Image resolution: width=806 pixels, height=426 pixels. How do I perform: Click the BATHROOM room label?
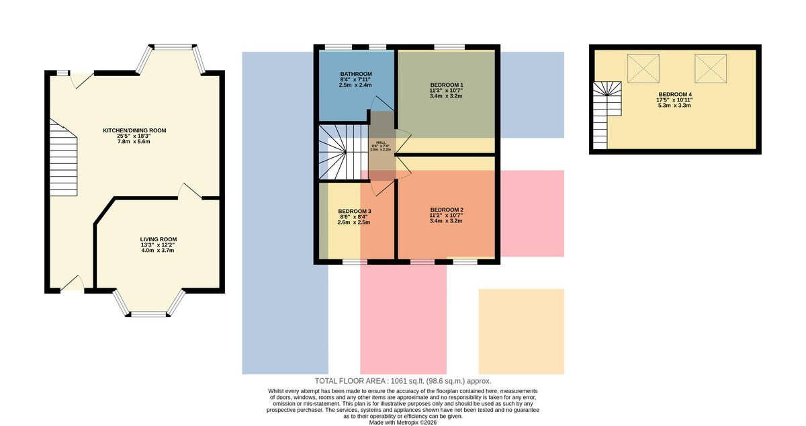[356, 74]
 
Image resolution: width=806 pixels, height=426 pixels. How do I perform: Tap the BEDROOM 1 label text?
[446, 85]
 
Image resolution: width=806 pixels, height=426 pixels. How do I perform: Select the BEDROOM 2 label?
[447, 210]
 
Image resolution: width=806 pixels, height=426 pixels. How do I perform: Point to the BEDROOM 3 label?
[355, 211]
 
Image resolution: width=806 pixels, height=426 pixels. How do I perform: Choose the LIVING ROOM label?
[159, 239]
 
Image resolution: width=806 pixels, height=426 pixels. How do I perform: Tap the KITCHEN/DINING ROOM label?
[134, 130]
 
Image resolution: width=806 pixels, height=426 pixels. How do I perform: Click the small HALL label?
[381, 142]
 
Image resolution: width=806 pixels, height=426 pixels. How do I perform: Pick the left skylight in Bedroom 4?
[643, 69]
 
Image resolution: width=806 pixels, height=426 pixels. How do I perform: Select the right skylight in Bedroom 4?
[711, 69]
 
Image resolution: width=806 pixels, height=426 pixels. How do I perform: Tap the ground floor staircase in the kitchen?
[63, 159]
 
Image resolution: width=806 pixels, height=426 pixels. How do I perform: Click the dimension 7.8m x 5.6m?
[134, 142]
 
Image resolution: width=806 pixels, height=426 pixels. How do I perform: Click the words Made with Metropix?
[390, 423]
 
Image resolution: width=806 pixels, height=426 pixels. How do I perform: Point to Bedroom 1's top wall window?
[449, 47]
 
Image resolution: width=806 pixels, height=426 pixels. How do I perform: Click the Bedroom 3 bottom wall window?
[355, 262]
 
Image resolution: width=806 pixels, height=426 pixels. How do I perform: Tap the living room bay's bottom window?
[148, 314]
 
